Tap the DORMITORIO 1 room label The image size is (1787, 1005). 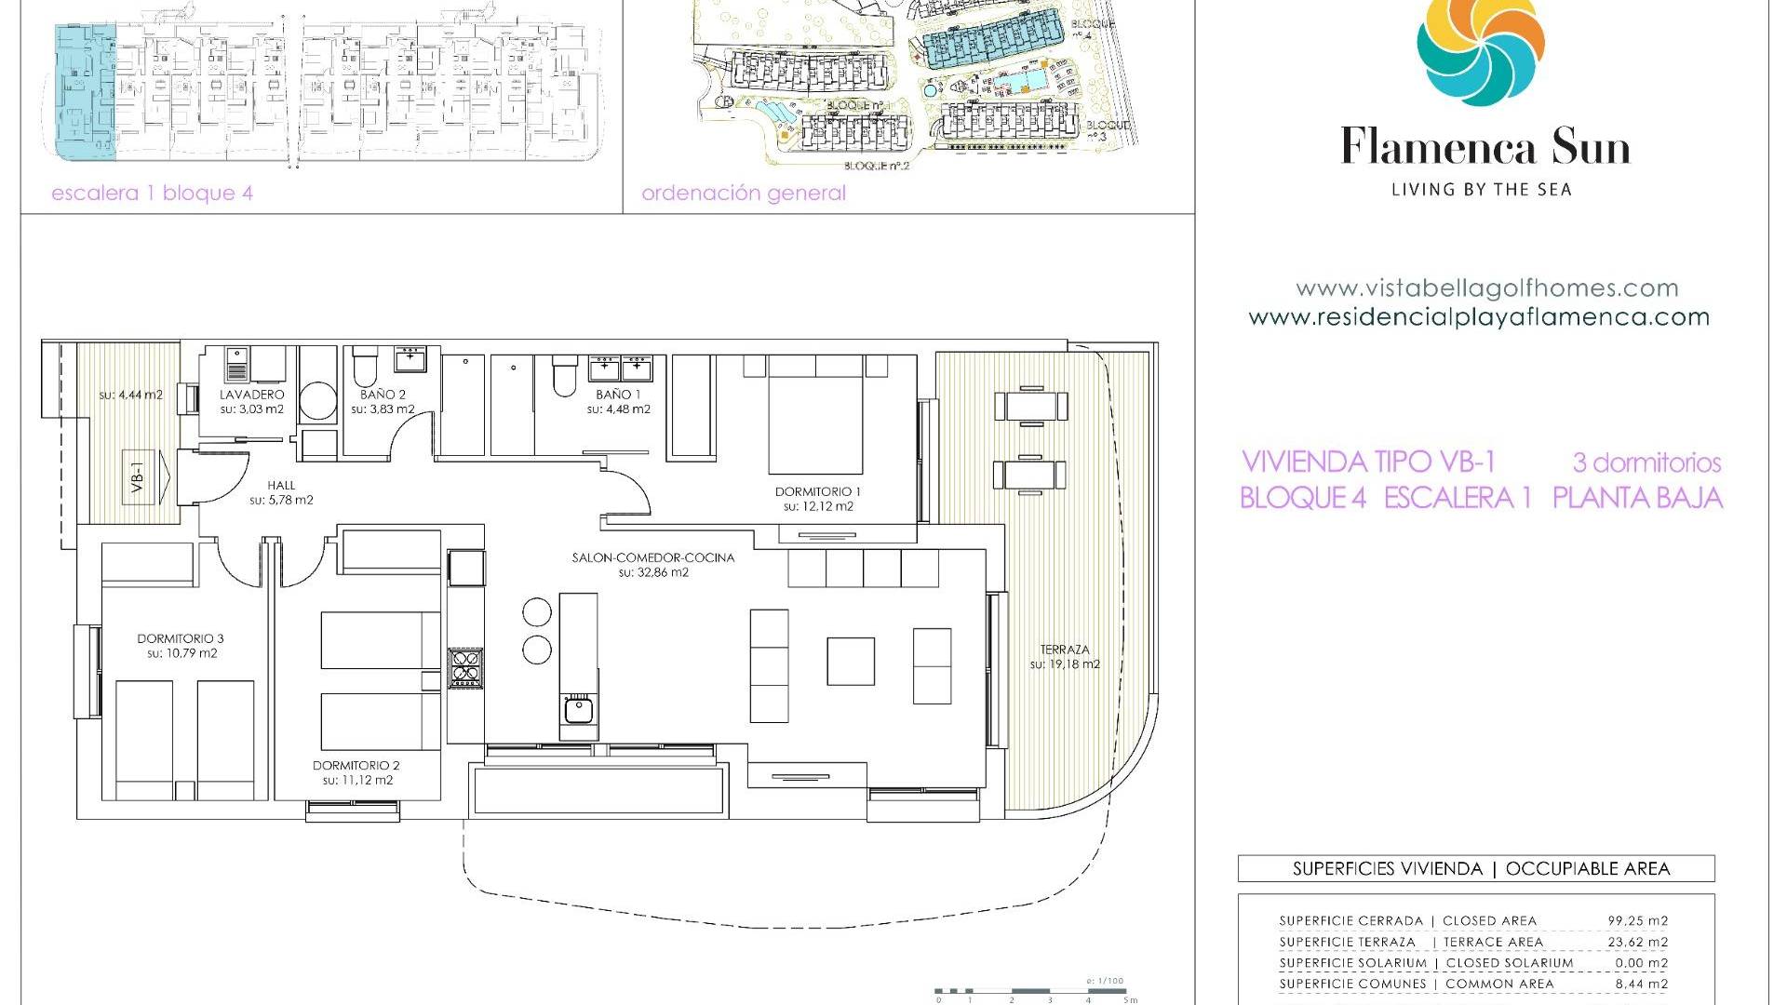pos(818,491)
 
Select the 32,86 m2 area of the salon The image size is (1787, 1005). pos(653,573)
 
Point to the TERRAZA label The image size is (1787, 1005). pos(1065,650)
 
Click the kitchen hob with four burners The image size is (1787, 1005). pos(465,666)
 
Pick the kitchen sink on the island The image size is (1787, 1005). pos(578,711)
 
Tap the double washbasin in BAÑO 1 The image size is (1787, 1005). pos(620,368)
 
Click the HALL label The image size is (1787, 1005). pos(281,485)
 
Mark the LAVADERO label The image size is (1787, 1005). pos(251,395)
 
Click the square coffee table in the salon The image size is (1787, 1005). pos(851,661)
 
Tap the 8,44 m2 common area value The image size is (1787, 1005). pos(1640,984)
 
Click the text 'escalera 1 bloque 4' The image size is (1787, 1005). pos(152,194)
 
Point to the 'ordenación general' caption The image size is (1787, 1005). pos(744,194)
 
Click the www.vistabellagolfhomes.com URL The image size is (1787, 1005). pos(1486,288)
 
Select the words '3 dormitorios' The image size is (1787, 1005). pos(1646,462)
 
